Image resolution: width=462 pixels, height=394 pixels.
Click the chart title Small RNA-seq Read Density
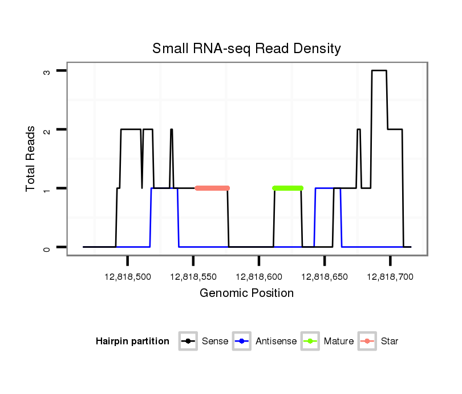(x=246, y=49)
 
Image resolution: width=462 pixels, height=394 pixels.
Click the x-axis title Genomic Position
(x=246, y=294)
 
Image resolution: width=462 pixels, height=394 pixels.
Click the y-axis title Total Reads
(x=31, y=159)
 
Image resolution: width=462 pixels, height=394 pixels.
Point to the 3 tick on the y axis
(x=47, y=71)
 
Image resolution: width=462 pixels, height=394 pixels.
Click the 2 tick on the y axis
(x=47, y=130)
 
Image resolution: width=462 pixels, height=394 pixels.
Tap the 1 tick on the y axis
(x=47, y=188)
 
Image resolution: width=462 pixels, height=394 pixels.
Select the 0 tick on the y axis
(x=47, y=247)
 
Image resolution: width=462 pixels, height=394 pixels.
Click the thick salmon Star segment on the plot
(x=212, y=188)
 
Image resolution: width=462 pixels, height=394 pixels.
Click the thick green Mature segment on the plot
(x=288, y=188)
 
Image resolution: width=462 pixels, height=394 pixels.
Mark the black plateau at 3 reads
(x=379, y=71)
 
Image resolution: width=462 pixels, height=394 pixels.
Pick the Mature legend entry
(x=327, y=341)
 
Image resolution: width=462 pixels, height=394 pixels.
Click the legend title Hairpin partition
(x=132, y=341)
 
